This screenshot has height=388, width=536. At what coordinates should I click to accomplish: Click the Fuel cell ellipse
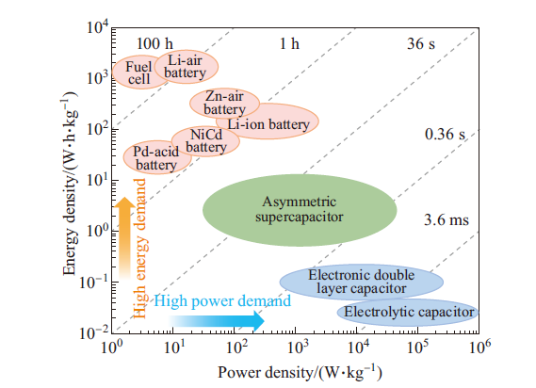[138, 73]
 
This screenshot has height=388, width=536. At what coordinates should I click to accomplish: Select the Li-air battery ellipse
[186, 67]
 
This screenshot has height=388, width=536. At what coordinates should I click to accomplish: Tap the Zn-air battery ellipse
[224, 103]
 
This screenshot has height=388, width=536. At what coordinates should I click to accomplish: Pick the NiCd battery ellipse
[205, 141]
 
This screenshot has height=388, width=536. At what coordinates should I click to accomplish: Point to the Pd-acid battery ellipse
[157, 157]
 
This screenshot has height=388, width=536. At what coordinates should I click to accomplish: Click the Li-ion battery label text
[268, 124]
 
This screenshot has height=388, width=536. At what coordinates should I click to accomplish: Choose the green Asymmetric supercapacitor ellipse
[300, 210]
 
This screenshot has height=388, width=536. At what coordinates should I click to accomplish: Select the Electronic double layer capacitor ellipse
[362, 282]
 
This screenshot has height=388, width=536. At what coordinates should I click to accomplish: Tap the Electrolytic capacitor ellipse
[408, 312]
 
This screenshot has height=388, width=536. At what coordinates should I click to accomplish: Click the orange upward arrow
[124, 238]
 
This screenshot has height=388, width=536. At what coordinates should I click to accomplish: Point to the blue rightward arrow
[216, 321]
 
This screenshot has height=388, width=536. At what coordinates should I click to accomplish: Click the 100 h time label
[154, 43]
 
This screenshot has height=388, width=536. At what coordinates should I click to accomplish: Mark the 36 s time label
[421, 43]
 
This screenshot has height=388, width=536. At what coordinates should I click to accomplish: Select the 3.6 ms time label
[447, 219]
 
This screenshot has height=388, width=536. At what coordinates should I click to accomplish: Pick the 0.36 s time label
[445, 134]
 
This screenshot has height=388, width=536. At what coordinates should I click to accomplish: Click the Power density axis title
[300, 372]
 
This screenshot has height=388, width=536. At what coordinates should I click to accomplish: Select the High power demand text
[222, 301]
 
